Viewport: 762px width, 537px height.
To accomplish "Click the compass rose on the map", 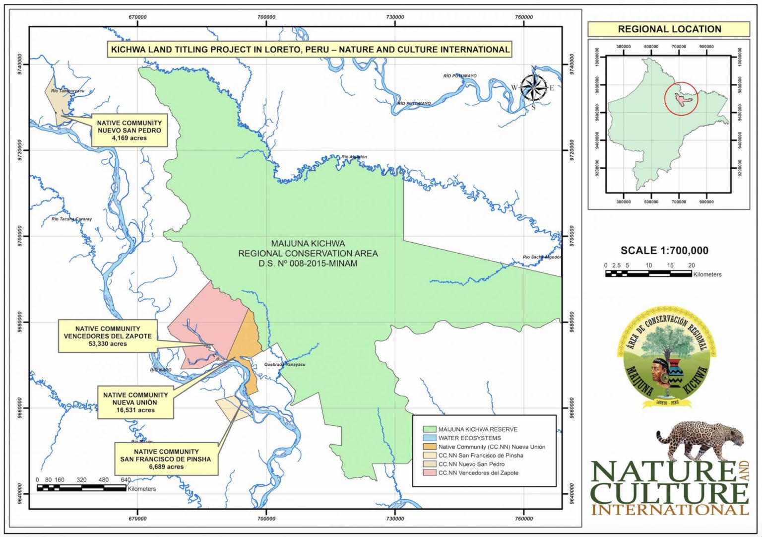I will click(x=533, y=88).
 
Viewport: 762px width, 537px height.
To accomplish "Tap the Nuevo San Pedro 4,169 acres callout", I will click(x=129, y=130).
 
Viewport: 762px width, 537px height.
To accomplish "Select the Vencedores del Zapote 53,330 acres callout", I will click(x=108, y=336).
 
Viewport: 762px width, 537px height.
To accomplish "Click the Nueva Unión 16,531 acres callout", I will click(x=135, y=403).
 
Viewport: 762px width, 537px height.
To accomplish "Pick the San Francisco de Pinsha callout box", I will click(x=166, y=459).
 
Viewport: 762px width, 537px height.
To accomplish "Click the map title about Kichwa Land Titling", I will click(x=310, y=50).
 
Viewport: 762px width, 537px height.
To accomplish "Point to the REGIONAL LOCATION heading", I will click(x=669, y=29).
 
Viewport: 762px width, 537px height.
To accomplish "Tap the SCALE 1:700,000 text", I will click(x=664, y=251).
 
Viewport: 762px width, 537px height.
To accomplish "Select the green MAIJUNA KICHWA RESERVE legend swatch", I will click(x=429, y=429).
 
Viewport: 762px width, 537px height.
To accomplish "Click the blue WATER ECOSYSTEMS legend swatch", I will click(x=429, y=438).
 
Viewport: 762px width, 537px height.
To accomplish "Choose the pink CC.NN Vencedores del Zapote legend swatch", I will click(x=429, y=473).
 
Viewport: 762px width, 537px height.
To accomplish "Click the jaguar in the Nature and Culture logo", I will click(x=700, y=440).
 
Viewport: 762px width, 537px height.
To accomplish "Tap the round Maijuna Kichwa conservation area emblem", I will click(x=666, y=357).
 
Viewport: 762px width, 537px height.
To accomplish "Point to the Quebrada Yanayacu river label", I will click(x=285, y=364).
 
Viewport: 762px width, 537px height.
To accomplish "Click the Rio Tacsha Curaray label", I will click(x=71, y=219).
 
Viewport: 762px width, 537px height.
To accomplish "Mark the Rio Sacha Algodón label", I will click(x=542, y=257).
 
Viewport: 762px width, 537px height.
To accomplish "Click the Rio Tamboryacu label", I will click(x=67, y=91).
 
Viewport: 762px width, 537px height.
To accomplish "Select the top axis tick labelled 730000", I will click(x=395, y=17).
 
